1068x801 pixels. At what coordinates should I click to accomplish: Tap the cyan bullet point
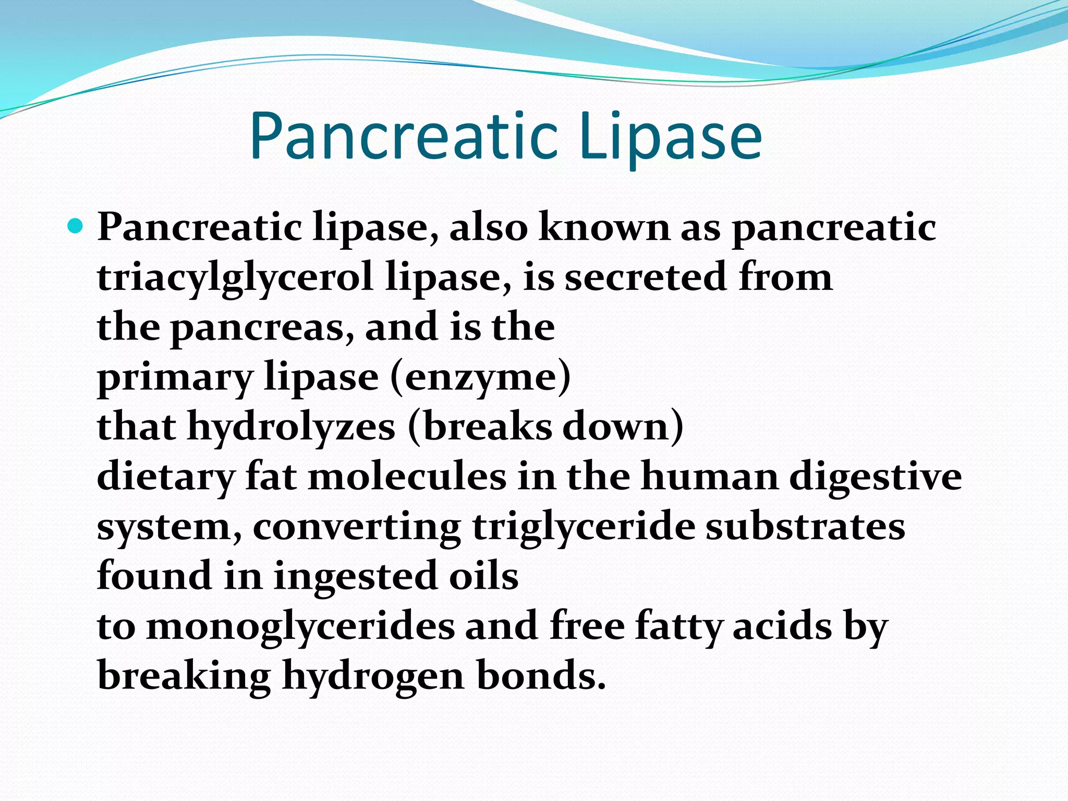(75, 226)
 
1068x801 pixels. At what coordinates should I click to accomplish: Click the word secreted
(646, 277)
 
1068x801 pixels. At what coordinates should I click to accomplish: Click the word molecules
(407, 477)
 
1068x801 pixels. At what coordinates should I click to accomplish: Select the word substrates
(805, 527)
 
